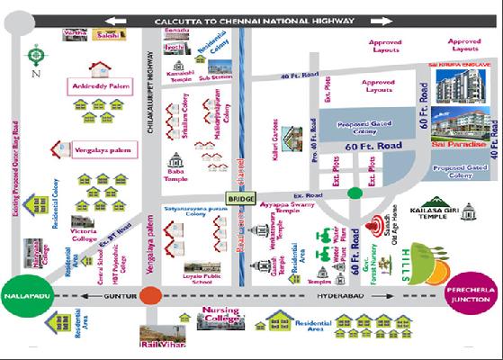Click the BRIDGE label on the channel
(241, 198)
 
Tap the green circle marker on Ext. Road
(355, 191)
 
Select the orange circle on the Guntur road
(152, 294)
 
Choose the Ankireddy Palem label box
(96, 87)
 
